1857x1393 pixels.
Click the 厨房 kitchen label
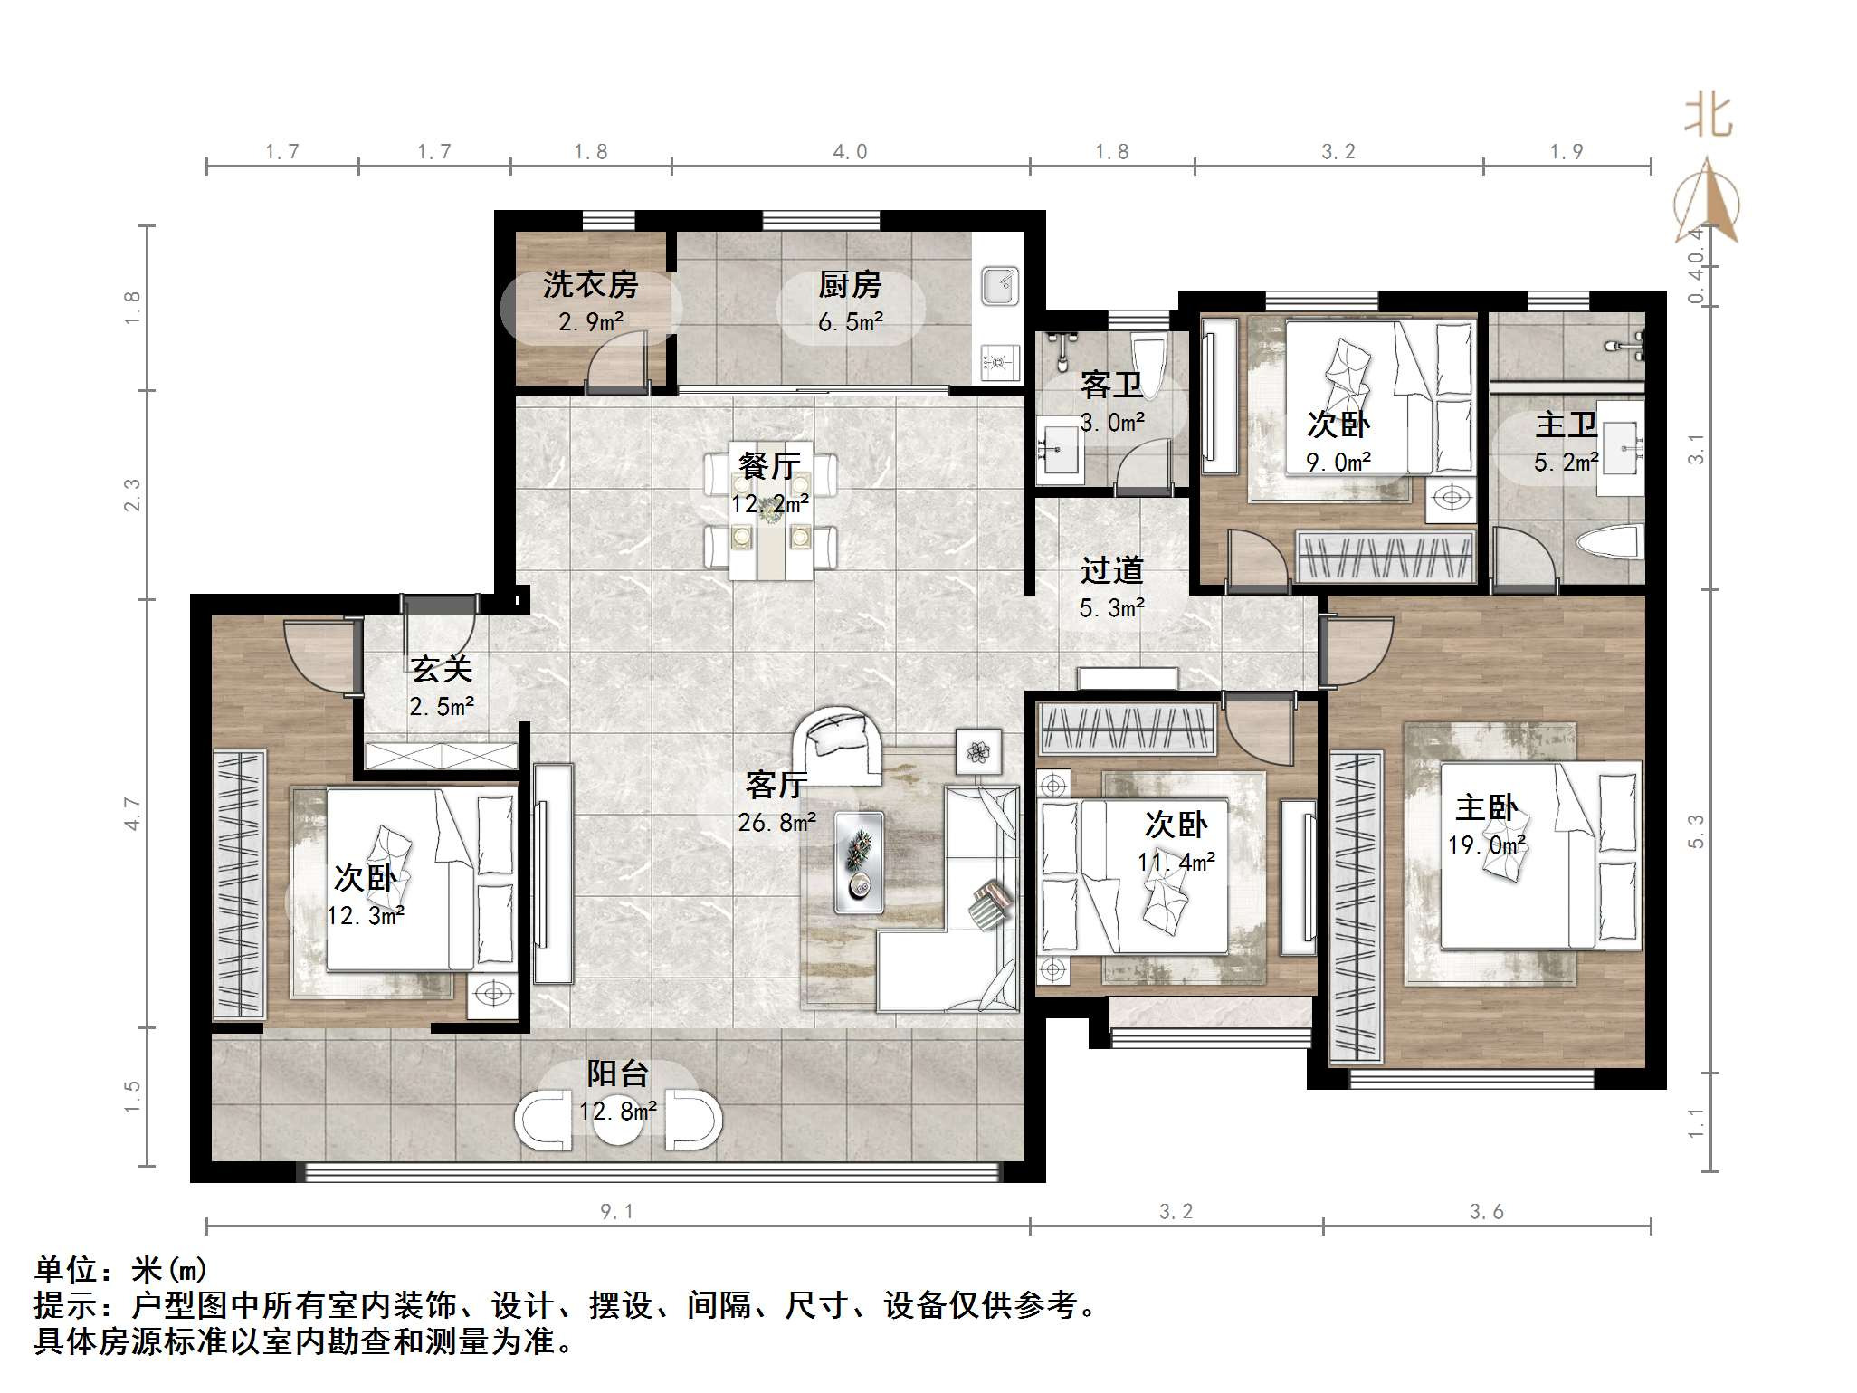click(x=850, y=285)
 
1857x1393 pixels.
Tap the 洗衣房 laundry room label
click(x=590, y=285)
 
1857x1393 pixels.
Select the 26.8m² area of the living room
click(x=777, y=822)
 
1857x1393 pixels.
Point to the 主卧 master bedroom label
click(x=1486, y=807)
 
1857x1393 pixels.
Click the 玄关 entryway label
click(x=442, y=669)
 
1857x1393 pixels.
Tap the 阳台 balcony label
click(x=618, y=1073)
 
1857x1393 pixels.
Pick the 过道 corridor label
click(x=1112, y=570)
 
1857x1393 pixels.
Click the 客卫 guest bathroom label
click(x=1112, y=385)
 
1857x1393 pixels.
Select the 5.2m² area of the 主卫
click(x=1567, y=463)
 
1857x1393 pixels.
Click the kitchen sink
click(x=1000, y=286)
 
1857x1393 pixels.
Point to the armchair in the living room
click(x=837, y=744)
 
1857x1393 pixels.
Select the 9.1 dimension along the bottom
click(x=616, y=1211)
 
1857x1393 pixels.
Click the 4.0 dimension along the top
click(x=850, y=151)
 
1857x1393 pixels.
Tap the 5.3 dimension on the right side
click(x=1696, y=832)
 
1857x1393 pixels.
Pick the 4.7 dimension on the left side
click(x=133, y=813)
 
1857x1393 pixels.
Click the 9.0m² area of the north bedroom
click(x=1338, y=463)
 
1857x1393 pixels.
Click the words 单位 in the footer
click(x=67, y=1270)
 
